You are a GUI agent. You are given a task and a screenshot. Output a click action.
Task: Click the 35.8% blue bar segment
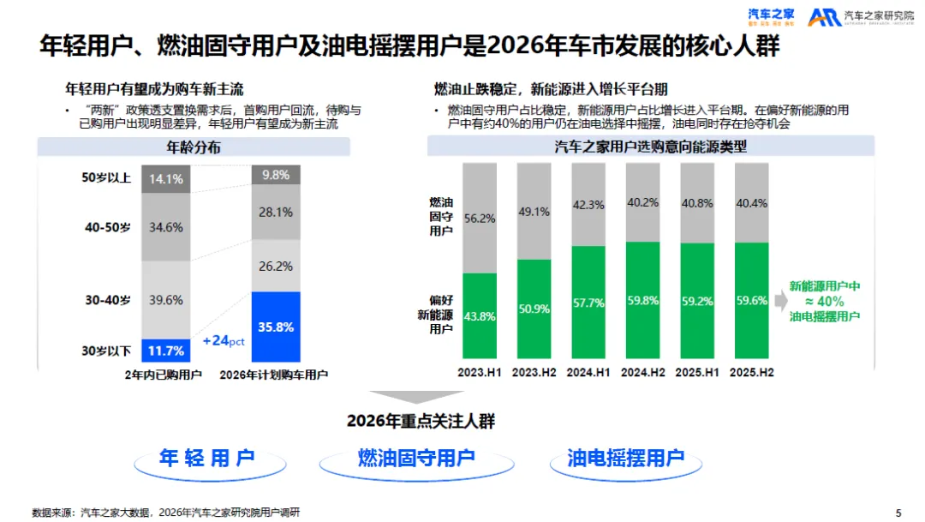click(275, 327)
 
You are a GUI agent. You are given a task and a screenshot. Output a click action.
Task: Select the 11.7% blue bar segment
click(165, 350)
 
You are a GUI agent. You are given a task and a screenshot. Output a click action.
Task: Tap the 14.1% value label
click(165, 179)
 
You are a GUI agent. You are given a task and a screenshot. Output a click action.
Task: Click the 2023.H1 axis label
click(480, 372)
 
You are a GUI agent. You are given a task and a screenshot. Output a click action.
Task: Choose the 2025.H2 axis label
click(753, 372)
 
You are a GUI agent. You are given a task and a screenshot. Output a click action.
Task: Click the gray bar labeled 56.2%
click(480, 218)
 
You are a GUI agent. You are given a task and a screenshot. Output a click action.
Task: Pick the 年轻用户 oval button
click(207, 458)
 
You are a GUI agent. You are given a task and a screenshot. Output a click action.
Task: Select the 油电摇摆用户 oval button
click(626, 458)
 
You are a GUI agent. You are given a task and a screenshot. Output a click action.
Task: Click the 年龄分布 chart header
click(193, 147)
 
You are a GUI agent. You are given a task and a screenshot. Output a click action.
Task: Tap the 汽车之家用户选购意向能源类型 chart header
click(650, 147)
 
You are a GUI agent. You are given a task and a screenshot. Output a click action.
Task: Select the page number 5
click(898, 513)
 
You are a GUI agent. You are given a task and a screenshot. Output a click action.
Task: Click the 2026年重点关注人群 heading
click(421, 421)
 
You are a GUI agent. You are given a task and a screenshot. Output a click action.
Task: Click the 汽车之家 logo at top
click(772, 16)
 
